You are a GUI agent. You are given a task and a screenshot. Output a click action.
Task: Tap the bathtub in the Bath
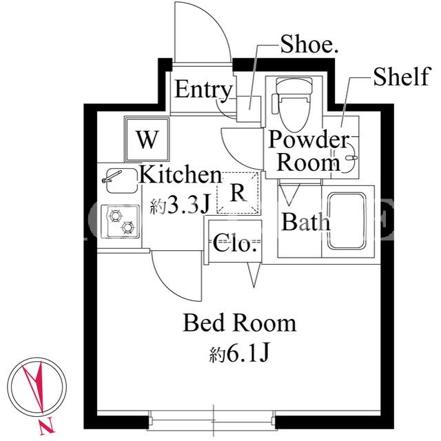[x=347, y=221]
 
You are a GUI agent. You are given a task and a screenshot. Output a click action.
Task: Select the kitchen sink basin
[x=121, y=181]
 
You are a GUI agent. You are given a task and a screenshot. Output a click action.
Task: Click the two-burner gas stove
[x=120, y=221]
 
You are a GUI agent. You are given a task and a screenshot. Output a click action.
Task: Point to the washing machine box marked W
[x=147, y=140]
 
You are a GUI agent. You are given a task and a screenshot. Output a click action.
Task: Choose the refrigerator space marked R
[x=238, y=193]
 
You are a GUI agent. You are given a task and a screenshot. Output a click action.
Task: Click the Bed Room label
[x=240, y=323]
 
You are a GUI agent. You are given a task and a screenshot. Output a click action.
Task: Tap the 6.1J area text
[x=240, y=352]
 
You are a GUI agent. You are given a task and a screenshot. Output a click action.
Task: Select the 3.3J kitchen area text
[x=180, y=205]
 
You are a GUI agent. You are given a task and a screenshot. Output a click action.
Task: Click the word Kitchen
[x=181, y=175]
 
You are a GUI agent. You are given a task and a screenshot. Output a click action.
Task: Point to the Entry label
[x=204, y=90]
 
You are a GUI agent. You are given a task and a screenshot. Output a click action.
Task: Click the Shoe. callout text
[x=309, y=44]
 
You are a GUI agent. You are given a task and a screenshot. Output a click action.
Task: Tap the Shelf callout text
[x=402, y=76]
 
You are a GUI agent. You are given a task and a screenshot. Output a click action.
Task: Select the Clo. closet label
[x=235, y=243]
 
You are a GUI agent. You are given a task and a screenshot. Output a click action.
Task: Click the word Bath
[x=306, y=222]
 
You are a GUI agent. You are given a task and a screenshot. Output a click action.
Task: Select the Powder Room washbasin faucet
[x=351, y=158]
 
